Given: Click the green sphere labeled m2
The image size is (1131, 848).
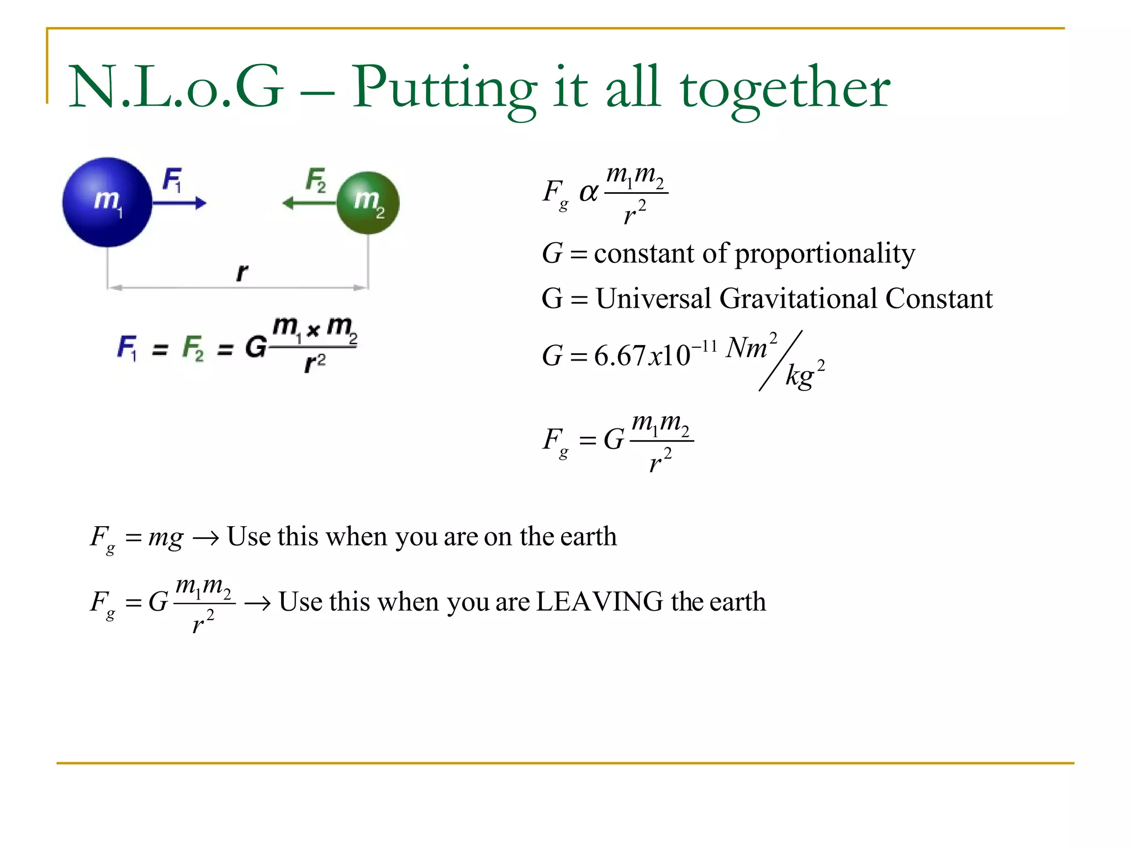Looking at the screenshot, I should (368, 203).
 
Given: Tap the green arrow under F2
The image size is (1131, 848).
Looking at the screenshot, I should (309, 203).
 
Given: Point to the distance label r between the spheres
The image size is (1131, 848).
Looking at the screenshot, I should (242, 272).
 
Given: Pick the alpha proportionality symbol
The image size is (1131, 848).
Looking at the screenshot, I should (589, 193).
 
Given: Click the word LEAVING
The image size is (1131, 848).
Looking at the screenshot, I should (599, 601).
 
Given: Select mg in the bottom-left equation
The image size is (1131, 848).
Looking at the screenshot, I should (166, 537).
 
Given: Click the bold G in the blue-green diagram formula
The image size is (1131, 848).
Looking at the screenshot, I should (256, 347).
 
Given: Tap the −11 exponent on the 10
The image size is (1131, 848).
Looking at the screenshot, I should (705, 346).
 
